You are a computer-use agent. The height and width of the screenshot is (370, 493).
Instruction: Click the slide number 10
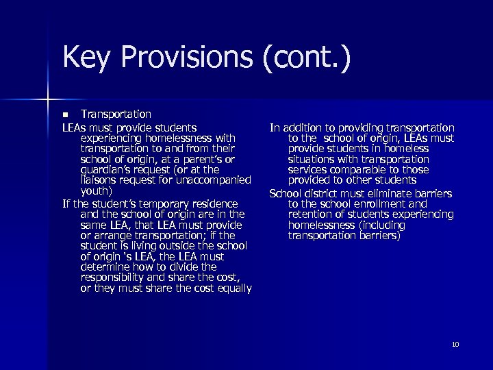[x=455, y=344]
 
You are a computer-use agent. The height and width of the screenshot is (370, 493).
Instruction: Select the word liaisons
[x=101, y=180]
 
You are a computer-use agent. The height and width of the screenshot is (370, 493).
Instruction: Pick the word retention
[x=313, y=214]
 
